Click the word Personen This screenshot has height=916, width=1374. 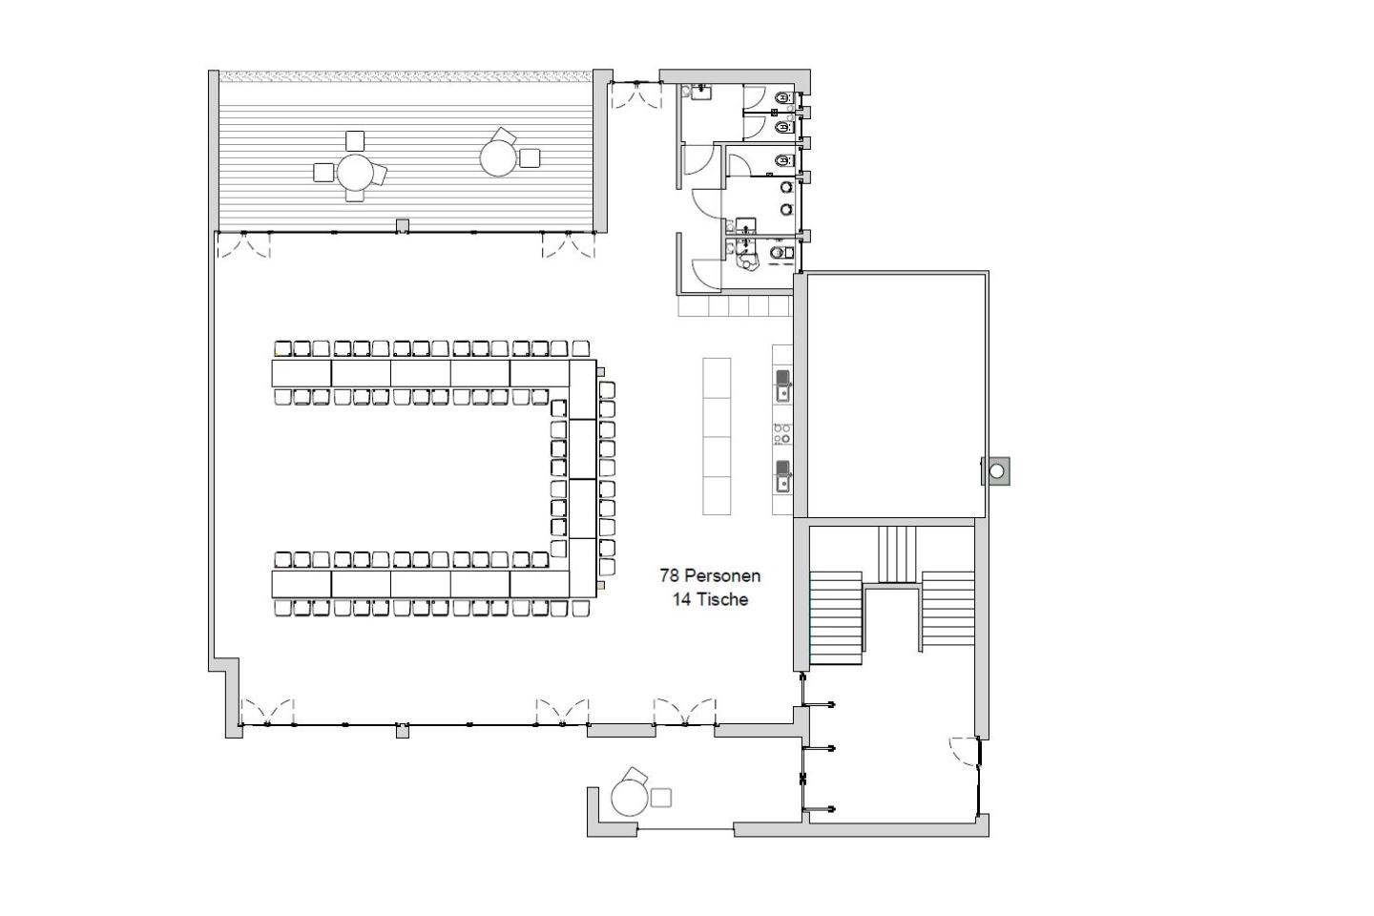coord(722,575)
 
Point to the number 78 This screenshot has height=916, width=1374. coord(669,575)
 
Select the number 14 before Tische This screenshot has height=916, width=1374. coord(681,599)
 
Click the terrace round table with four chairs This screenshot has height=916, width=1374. coord(355,172)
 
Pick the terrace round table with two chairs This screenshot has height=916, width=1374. coord(498,158)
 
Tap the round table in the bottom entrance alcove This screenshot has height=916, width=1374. coord(630,798)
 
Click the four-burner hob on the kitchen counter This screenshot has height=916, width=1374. coord(782,434)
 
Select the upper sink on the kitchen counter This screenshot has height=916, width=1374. coord(782,385)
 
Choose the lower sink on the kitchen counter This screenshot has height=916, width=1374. coord(782,476)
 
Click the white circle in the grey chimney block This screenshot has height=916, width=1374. coord(997,471)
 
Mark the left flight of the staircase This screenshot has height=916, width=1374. coord(836,618)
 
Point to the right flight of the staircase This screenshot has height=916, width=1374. coord(947,609)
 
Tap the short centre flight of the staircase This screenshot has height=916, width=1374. coord(897,554)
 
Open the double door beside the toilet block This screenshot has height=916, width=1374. coord(636,95)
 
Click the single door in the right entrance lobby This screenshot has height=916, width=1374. coord(964,750)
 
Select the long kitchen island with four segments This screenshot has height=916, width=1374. coord(717,436)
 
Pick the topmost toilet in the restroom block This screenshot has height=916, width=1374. coord(782,98)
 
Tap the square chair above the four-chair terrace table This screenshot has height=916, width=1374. coord(355,141)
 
